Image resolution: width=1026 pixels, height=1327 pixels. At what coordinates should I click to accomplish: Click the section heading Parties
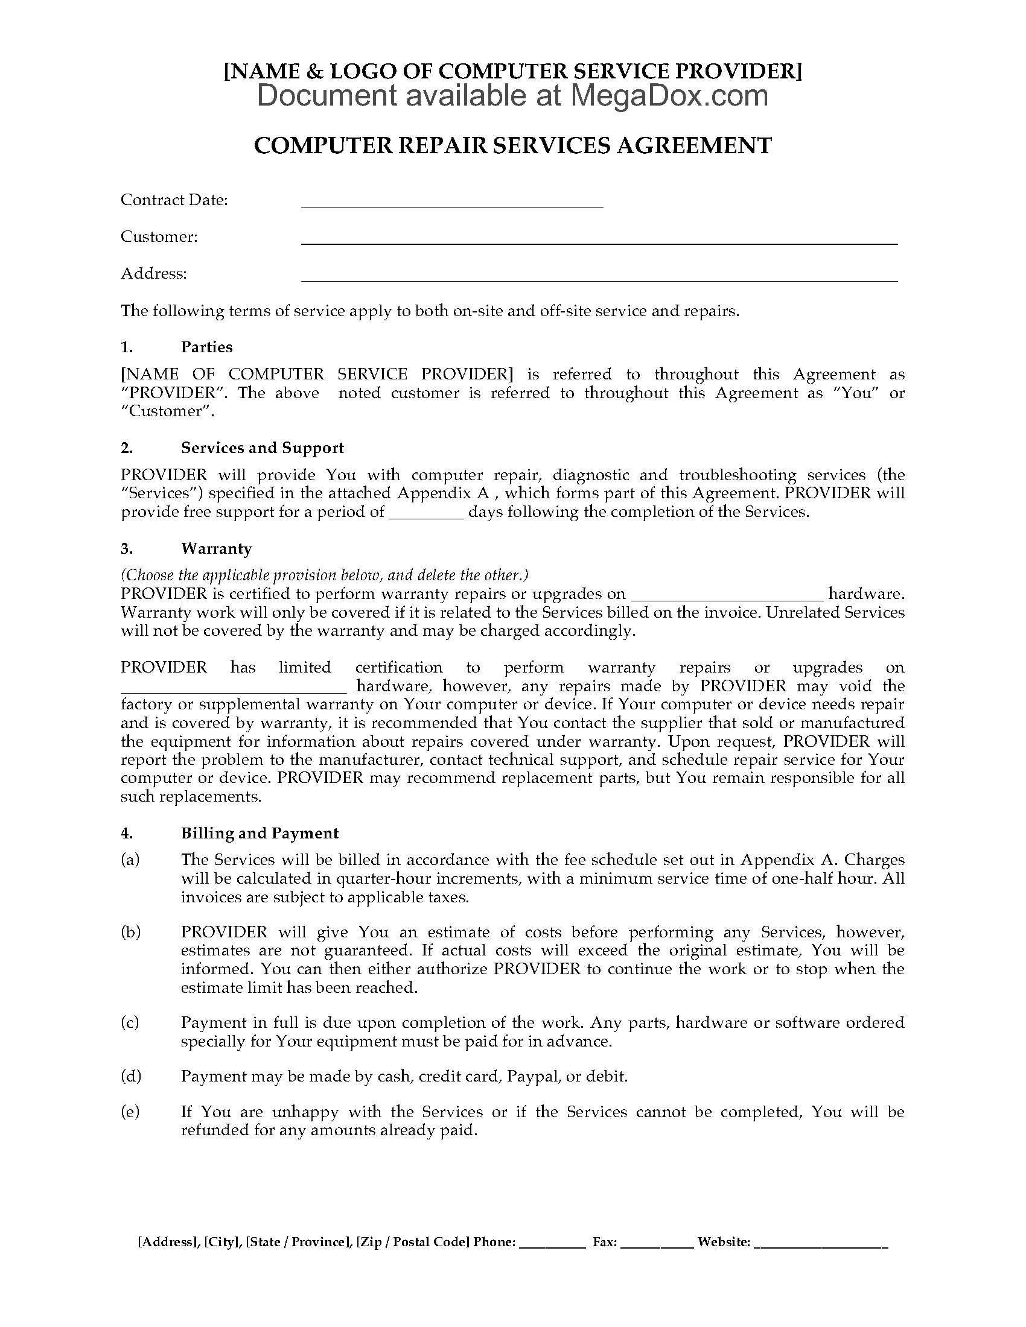pyautogui.click(x=206, y=347)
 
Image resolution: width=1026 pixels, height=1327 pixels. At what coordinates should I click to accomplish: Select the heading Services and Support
pyautogui.click(x=262, y=448)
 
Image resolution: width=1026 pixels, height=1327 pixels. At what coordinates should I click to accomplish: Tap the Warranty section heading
pyautogui.click(x=216, y=549)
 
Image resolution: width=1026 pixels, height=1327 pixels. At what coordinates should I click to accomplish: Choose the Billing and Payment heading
pyautogui.click(x=260, y=833)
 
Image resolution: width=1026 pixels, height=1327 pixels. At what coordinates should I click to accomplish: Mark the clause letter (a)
pyautogui.click(x=130, y=860)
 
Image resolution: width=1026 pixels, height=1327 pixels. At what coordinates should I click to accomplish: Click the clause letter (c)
pyautogui.click(x=130, y=1022)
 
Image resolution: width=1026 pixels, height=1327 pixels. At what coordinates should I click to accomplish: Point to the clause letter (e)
pyautogui.click(x=130, y=1112)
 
